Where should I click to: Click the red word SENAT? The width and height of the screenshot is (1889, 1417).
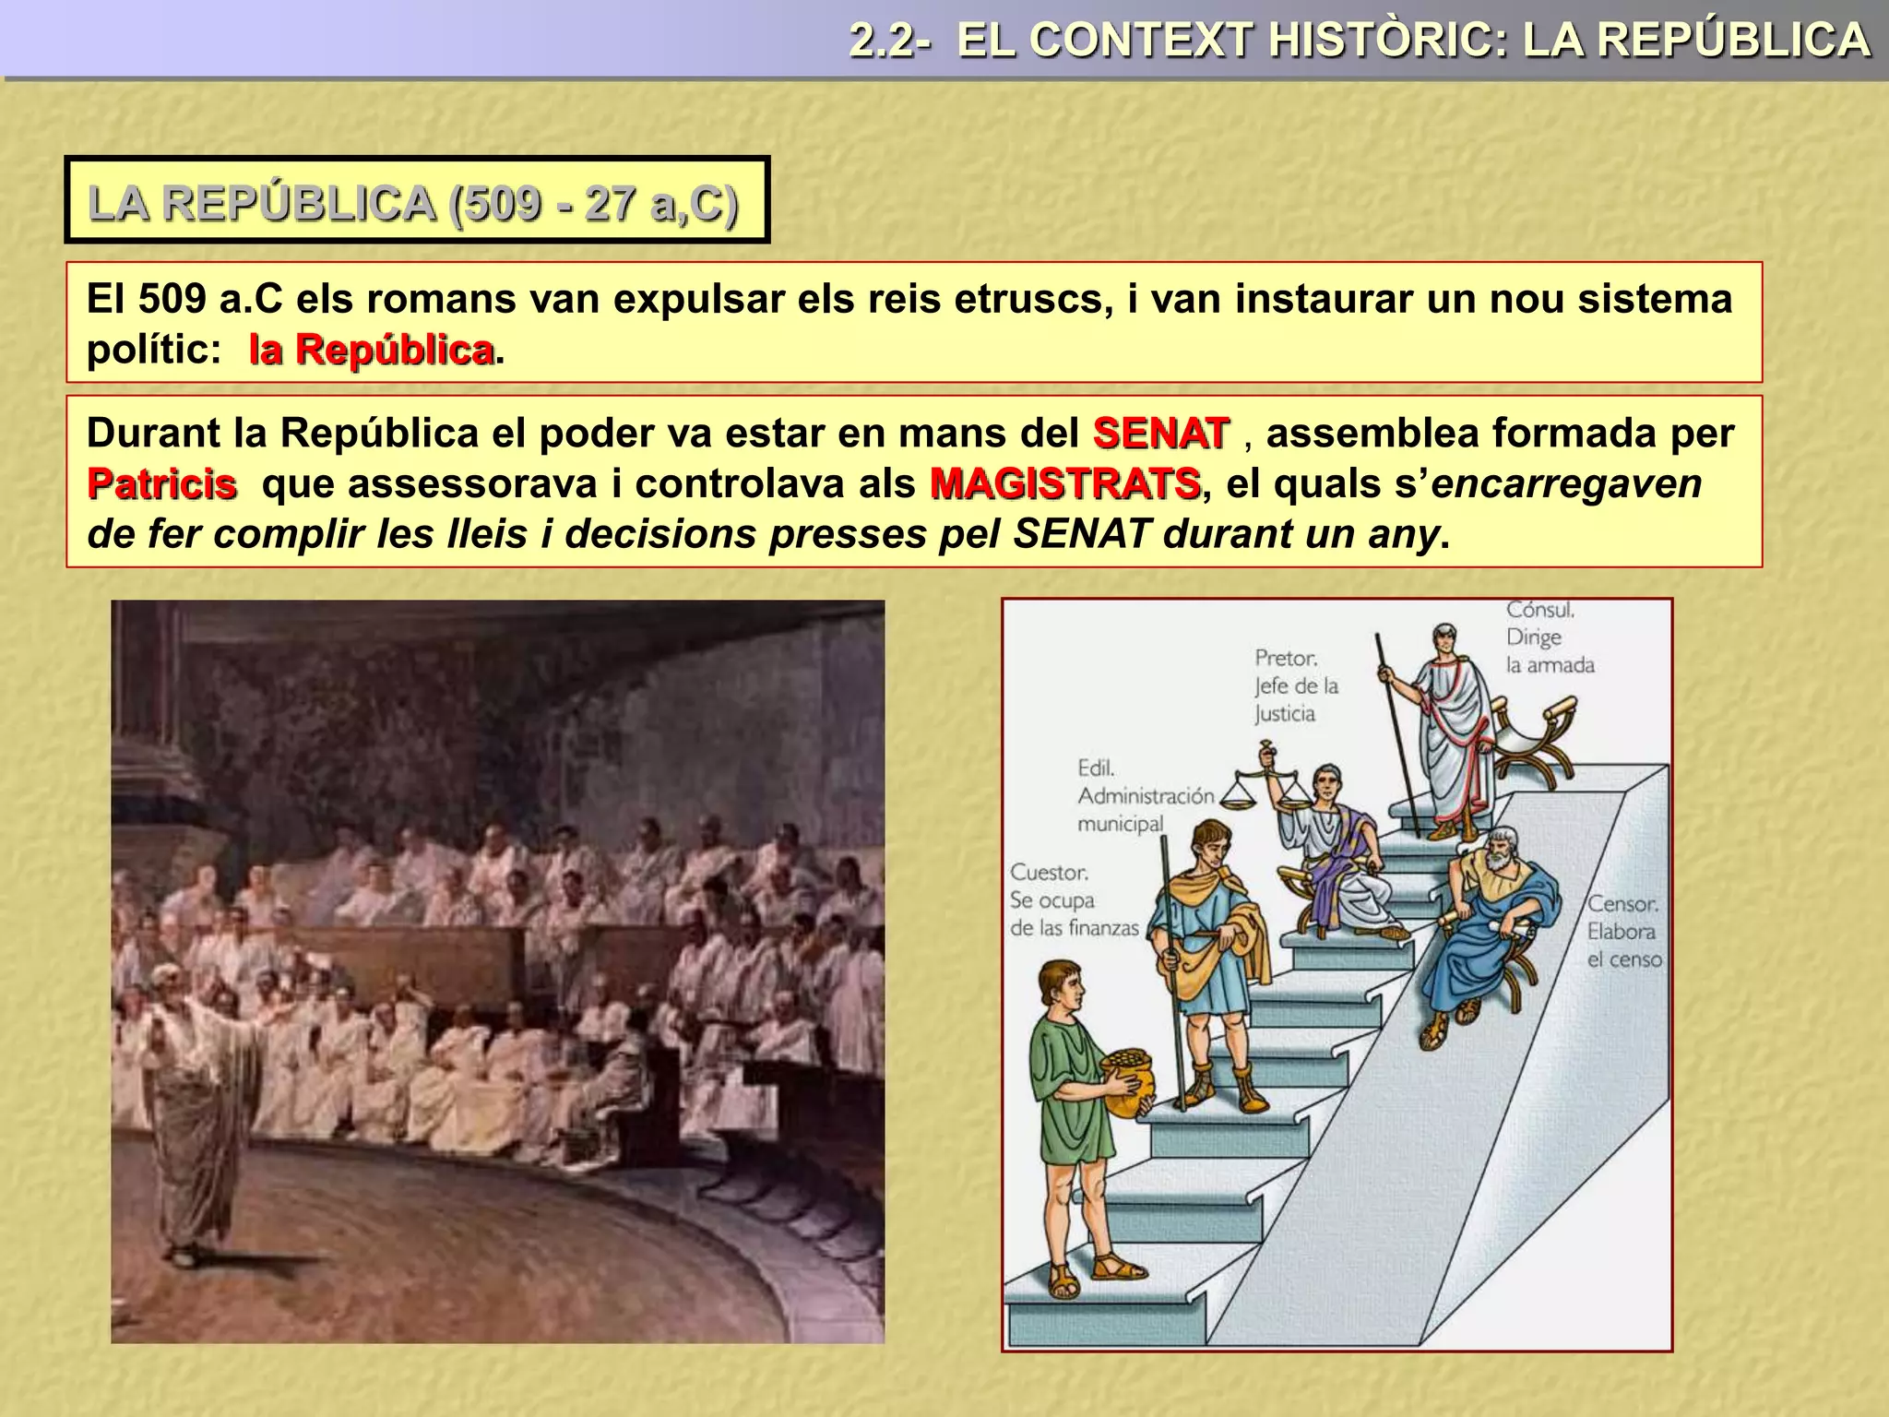tap(1160, 434)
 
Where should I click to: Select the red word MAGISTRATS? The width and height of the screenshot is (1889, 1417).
tap(1064, 484)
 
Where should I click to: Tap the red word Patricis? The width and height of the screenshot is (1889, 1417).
tap(161, 484)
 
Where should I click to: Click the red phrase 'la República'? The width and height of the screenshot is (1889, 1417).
tap(371, 350)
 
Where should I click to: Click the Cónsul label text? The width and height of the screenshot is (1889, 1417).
tap(1540, 610)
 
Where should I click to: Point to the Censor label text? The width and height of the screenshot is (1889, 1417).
tap(1622, 905)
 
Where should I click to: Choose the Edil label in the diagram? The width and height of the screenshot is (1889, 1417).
tap(1096, 768)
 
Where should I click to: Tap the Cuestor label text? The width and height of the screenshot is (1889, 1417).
tap(1049, 873)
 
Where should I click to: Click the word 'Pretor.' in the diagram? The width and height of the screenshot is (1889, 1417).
tap(1286, 658)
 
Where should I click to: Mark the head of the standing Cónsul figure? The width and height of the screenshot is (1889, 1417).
tap(1443, 638)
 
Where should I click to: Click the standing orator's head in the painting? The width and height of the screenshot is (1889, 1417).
tap(167, 981)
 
